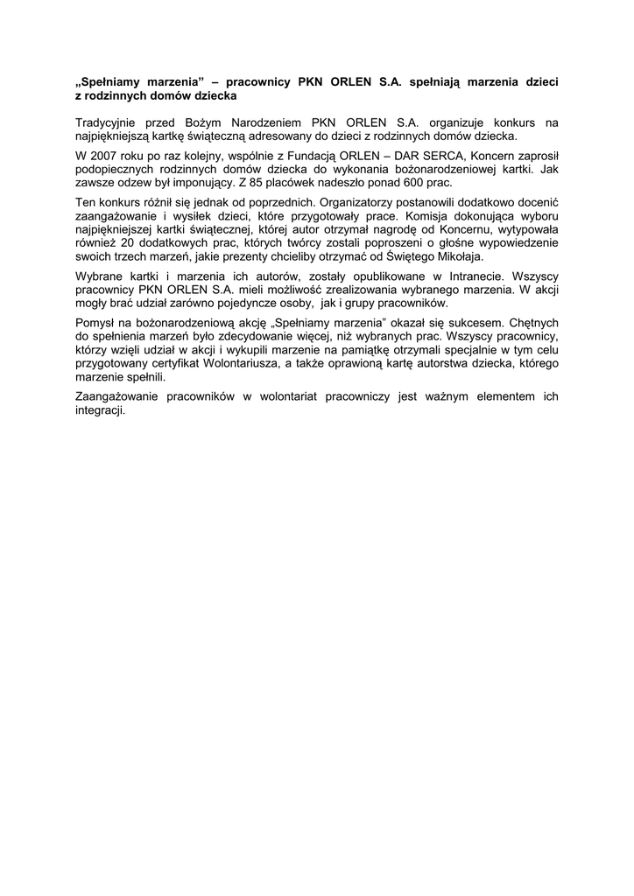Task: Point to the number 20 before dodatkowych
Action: click(x=131, y=244)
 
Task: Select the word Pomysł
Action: click(x=97, y=323)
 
